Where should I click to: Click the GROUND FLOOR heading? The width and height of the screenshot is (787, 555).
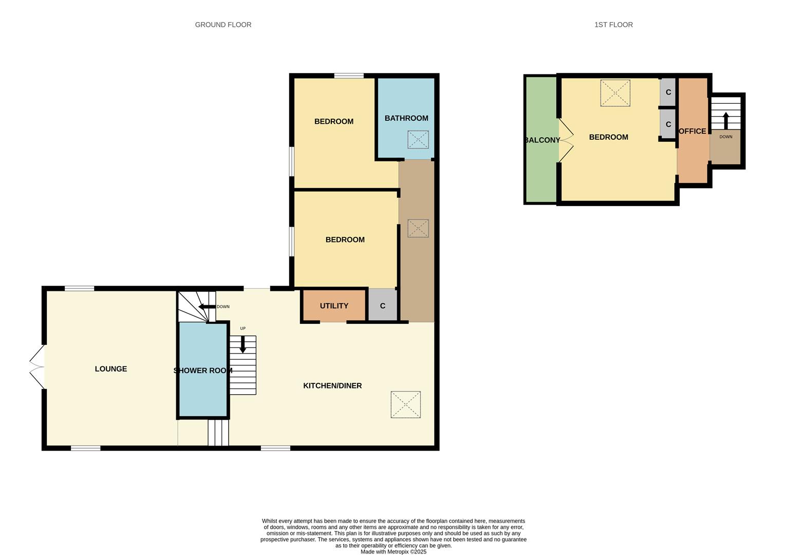pyautogui.click(x=223, y=25)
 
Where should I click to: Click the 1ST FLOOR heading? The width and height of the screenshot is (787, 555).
pyautogui.click(x=613, y=25)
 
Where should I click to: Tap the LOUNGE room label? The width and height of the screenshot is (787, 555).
pyautogui.click(x=111, y=369)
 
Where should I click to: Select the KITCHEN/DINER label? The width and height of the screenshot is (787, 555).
pyautogui.click(x=332, y=386)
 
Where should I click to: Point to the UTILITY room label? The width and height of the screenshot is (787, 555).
pyautogui.click(x=334, y=306)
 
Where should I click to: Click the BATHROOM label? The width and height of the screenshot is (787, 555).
pyautogui.click(x=406, y=118)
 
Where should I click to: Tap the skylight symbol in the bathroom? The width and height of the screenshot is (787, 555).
pyautogui.click(x=418, y=139)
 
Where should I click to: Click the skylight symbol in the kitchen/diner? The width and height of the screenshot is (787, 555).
pyautogui.click(x=406, y=404)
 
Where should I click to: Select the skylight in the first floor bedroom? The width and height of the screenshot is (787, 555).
pyautogui.click(x=615, y=93)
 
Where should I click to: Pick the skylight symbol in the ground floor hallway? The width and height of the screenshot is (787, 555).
pyautogui.click(x=418, y=228)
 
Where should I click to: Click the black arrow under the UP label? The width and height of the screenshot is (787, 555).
pyautogui.click(x=243, y=344)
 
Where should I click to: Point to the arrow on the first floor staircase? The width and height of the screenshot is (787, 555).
pyautogui.click(x=726, y=121)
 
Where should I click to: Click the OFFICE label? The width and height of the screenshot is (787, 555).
pyautogui.click(x=692, y=131)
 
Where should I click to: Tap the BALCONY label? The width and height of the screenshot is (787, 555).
pyautogui.click(x=542, y=140)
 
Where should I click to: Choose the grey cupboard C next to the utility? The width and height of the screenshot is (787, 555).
pyautogui.click(x=383, y=306)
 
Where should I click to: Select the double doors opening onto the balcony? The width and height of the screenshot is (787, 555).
pyautogui.click(x=566, y=140)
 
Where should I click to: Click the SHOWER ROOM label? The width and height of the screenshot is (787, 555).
pyautogui.click(x=203, y=371)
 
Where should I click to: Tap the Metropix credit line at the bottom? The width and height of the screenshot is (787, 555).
pyautogui.click(x=393, y=552)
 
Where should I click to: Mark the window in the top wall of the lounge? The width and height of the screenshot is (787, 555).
pyautogui.click(x=80, y=289)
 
